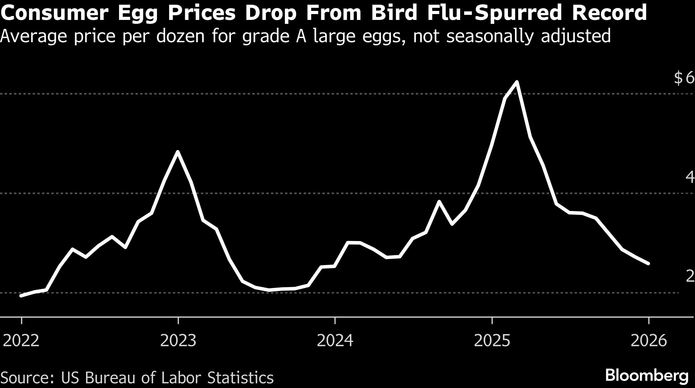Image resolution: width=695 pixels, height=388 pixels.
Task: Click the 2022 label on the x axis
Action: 21,341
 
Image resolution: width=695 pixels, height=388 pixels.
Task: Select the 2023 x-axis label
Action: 178,341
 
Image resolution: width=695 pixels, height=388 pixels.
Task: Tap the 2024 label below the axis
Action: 335,341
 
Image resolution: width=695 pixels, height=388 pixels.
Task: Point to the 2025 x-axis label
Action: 492,341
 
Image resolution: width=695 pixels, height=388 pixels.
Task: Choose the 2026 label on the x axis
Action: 648,341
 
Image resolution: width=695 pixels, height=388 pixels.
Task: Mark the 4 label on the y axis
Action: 690,177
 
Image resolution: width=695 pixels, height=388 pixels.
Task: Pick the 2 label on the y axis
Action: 690,276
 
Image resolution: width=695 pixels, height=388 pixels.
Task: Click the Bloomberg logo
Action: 646,376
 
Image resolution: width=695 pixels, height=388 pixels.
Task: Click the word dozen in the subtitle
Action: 180,36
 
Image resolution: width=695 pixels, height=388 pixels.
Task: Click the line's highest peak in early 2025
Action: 517,82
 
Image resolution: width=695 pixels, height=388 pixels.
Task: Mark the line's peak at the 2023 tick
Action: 178,152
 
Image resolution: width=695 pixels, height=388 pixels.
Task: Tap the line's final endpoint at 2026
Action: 648,264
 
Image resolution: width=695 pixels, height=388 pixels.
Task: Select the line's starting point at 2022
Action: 21,296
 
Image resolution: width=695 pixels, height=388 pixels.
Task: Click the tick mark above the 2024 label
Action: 335,320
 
